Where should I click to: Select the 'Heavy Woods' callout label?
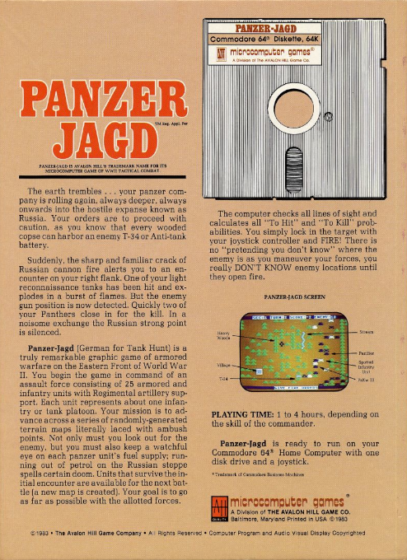[222, 337]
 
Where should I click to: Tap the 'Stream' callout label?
[367, 333]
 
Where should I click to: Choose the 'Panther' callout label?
[367, 352]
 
